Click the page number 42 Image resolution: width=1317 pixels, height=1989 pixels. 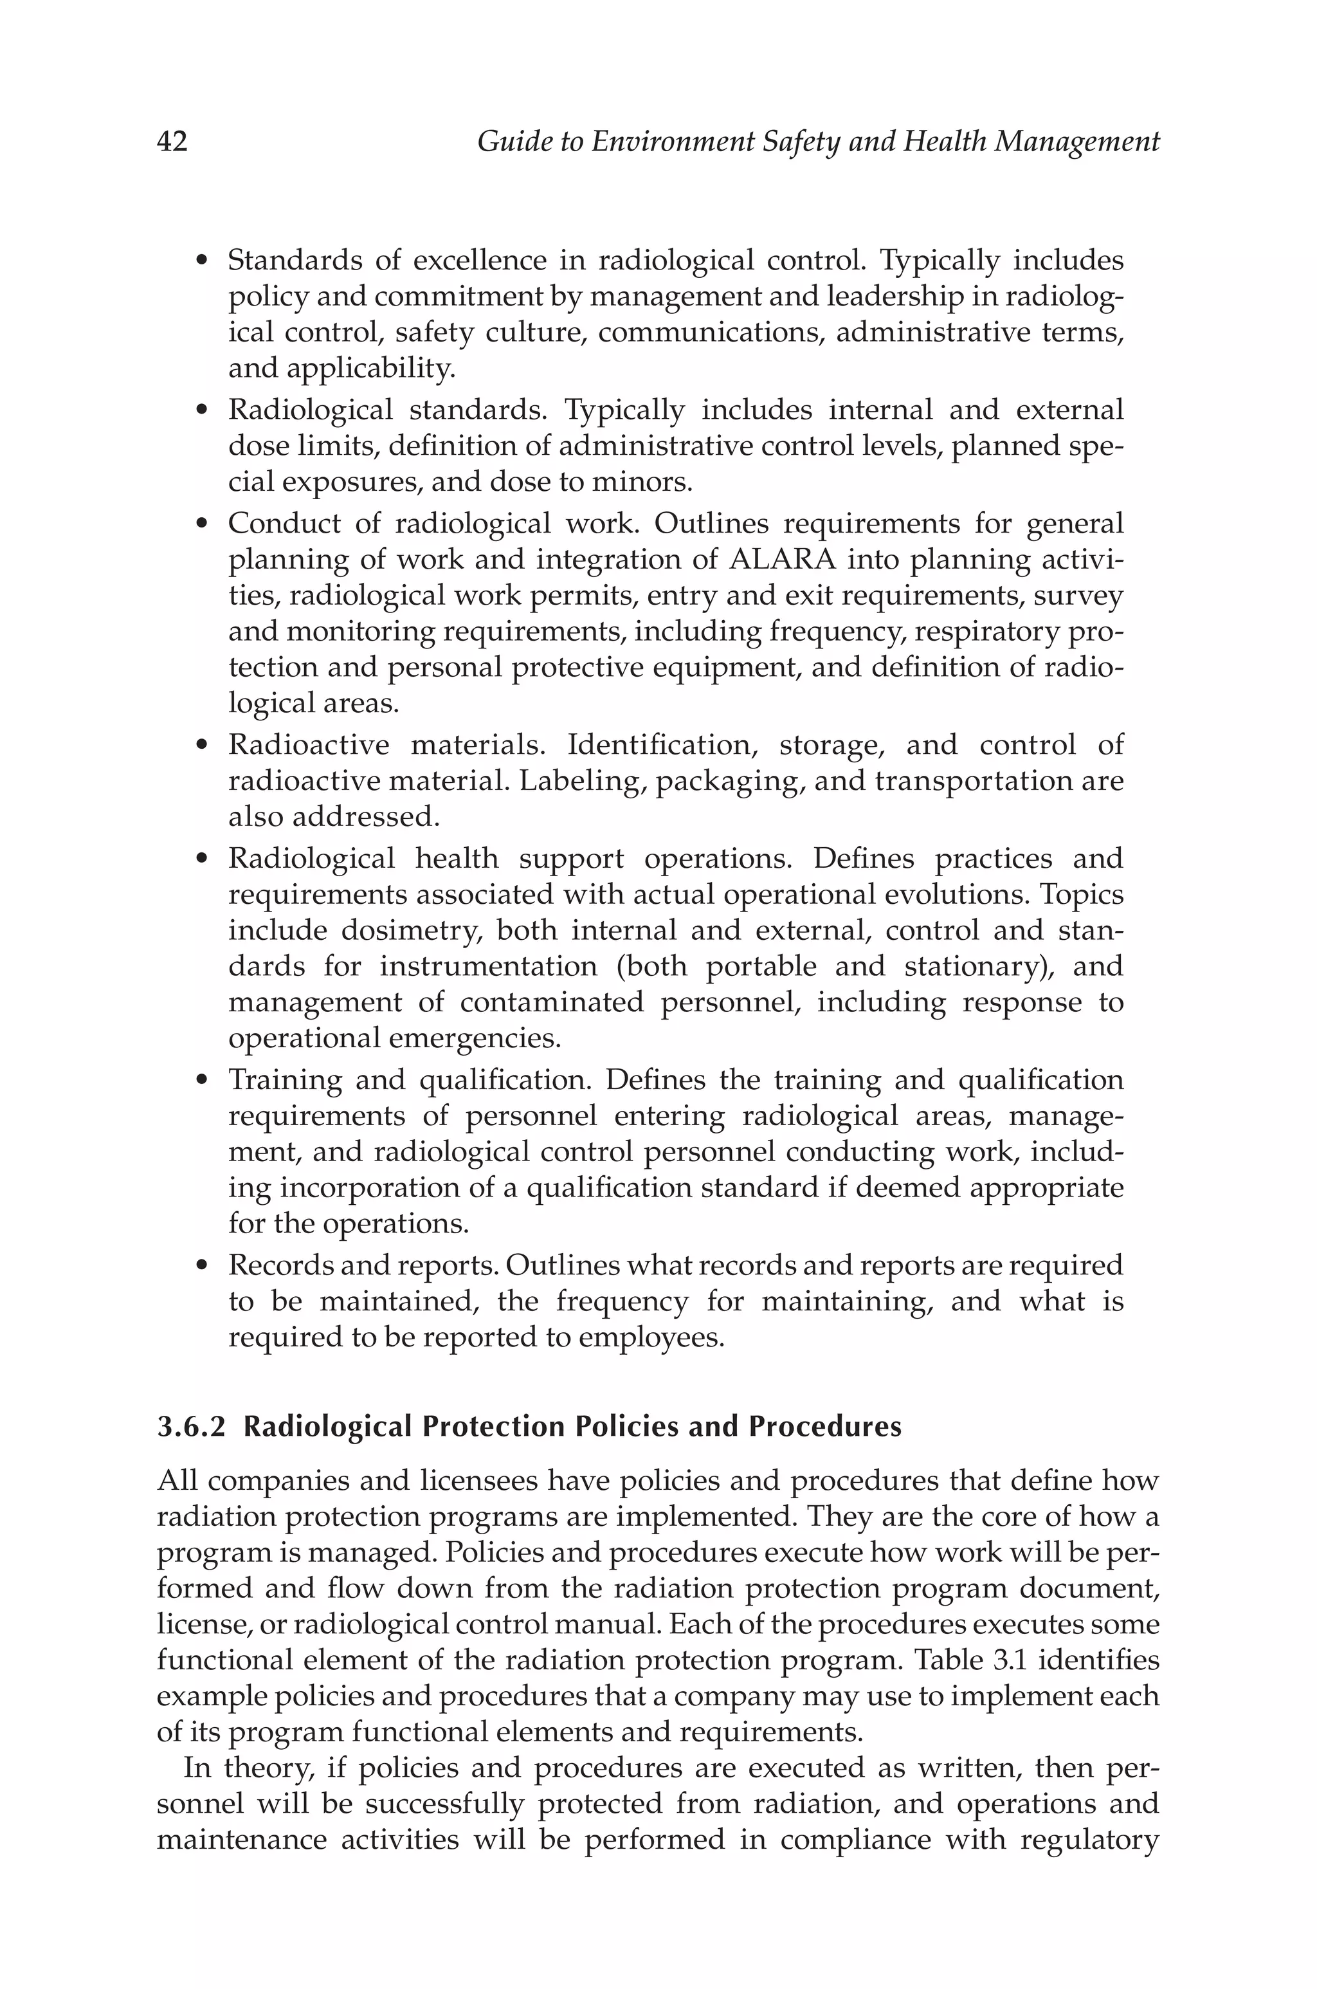coord(172,143)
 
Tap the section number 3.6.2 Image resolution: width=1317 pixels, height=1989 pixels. coord(192,1427)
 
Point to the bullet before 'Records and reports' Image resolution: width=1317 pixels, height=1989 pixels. coord(201,1266)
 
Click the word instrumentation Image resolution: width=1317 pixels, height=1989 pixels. coord(487,967)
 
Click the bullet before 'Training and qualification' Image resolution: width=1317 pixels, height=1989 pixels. coord(201,1080)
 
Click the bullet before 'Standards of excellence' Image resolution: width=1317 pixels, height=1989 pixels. coord(201,261)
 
